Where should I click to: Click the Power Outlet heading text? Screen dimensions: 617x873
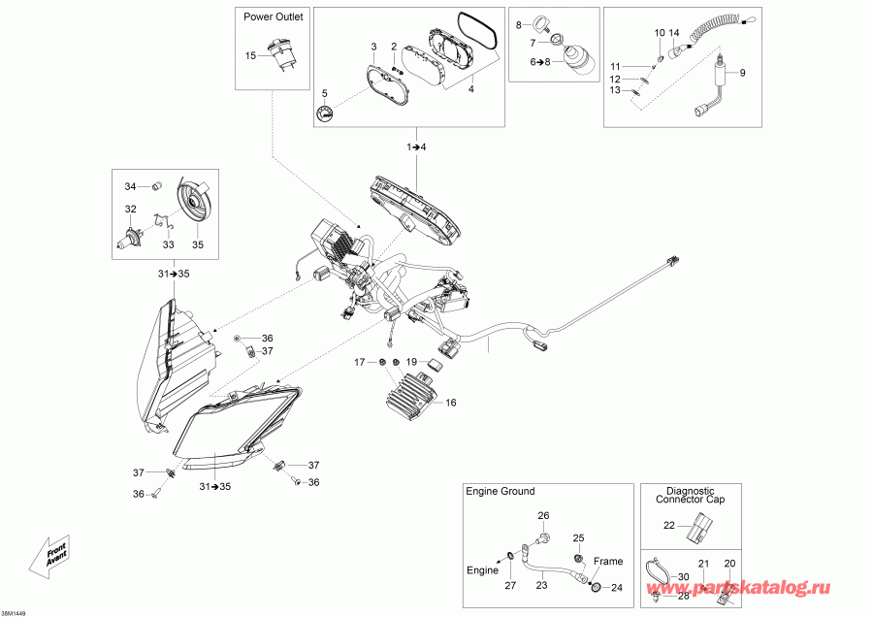click(274, 16)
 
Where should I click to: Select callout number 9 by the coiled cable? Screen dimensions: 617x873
click(743, 74)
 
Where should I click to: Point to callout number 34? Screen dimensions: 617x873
click(130, 185)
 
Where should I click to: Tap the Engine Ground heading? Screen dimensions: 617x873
click(500, 491)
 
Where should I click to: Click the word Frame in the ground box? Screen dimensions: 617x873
click(608, 562)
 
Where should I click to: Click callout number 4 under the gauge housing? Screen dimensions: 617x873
click(471, 89)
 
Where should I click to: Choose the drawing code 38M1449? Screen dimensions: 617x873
click(16, 611)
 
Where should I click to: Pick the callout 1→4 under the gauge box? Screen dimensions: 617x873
click(416, 146)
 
